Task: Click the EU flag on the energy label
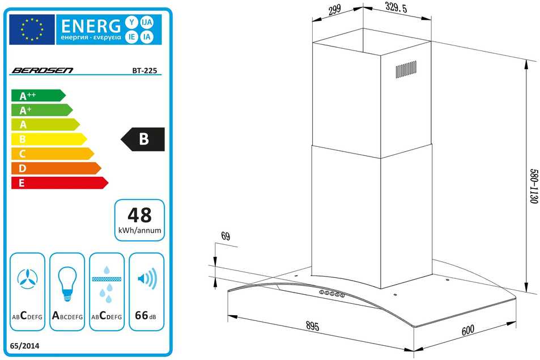click(32, 29)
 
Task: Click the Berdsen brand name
click(42, 70)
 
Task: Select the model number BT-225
click(144, 71)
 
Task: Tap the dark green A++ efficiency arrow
click(38, 95)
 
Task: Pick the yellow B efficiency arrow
click(49, 139)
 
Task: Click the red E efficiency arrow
click(59, 183)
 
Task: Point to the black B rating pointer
click(143, 139)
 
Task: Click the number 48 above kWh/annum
click(139, 215)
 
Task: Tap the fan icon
click(28, 279)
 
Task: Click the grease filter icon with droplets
click(107, 284)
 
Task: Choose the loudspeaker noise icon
click(147, 278)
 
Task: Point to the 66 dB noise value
click(145, 315)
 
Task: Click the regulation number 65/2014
click(24, 346)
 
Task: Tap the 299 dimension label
click(334, 10)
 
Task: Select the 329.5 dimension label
click(396, 7)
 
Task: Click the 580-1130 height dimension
click(533, 186)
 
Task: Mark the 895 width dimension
click(312, 325)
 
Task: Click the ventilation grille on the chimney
click(406, 70)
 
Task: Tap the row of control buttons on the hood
click(331, 294)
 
